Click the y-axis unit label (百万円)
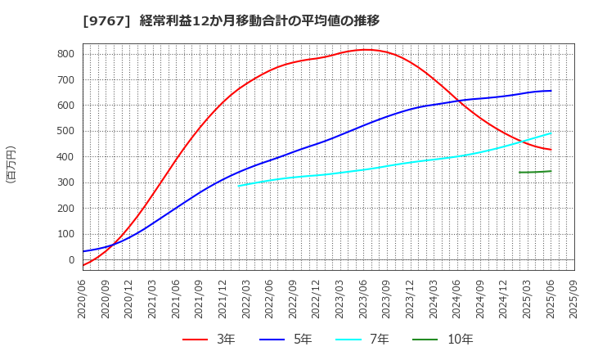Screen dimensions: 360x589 11,164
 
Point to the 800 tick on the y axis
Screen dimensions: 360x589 65,54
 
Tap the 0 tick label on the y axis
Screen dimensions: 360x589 71,260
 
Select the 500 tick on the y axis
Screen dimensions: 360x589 65,131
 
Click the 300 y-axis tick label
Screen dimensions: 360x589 65,182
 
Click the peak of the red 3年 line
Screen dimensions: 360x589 366,50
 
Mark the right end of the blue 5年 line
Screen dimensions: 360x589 551,91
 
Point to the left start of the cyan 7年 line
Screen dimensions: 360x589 239,186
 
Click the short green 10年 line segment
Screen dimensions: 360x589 535,172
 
